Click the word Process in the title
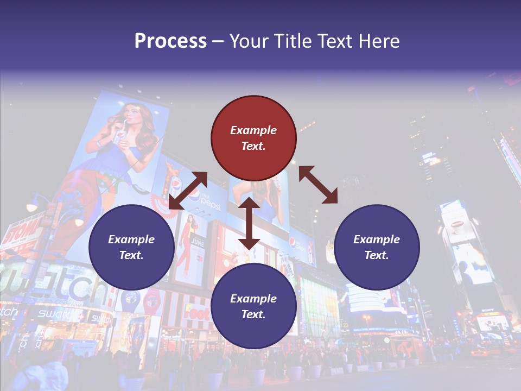point(170,41)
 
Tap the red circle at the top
point(253,138)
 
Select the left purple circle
point(131,247)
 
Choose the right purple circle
point(377,247)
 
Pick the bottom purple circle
point(253,306)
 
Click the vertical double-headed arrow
point(249,223)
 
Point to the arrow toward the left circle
point(188,190)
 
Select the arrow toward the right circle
point(318,185)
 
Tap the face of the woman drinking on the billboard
point(130,116)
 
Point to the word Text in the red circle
point(253,146)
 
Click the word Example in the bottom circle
point(253,298)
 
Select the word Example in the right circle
point(377,239)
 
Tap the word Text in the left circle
point(131,255)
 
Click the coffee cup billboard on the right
point(459,223)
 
